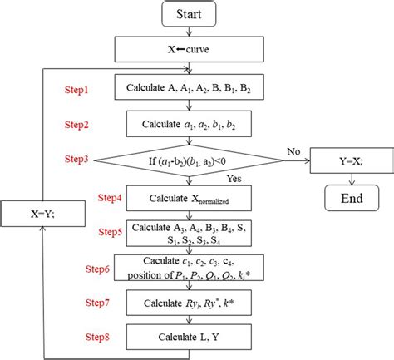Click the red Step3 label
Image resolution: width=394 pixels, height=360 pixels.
80,158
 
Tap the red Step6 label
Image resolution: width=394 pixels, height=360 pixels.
99,269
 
